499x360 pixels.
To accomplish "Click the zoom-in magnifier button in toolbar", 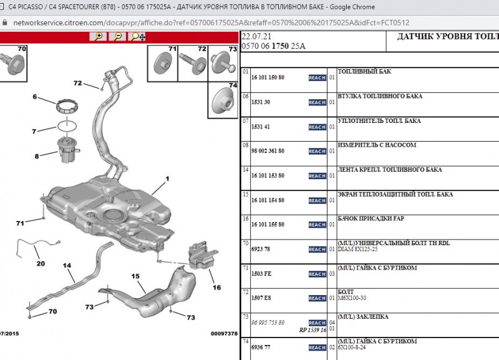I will click(x=97, y=37).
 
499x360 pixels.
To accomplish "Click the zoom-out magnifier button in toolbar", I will click(x=117, y=37).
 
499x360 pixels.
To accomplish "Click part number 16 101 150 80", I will click(x=268, y=77).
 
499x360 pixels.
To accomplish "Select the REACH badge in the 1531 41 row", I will click(x=317, y=127).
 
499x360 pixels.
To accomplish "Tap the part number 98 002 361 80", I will click(x=268, y=151).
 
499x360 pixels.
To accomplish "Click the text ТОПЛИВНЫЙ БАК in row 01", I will click(x=364, y=72).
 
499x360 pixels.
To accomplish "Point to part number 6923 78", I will click(x=260, y=249).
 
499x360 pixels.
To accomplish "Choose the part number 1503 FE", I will click(x=261, y=273).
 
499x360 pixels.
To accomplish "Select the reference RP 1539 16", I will click(x=312, y=330).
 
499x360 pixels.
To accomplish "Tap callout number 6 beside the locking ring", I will click(x=35, y=97).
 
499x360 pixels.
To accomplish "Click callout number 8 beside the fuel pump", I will click(x=36, y=156).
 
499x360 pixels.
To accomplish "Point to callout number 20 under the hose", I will click(x=41, y=263).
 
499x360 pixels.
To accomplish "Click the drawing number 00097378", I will click(x=223, y=334).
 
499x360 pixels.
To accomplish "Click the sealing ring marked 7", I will click(x=64, y=126).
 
